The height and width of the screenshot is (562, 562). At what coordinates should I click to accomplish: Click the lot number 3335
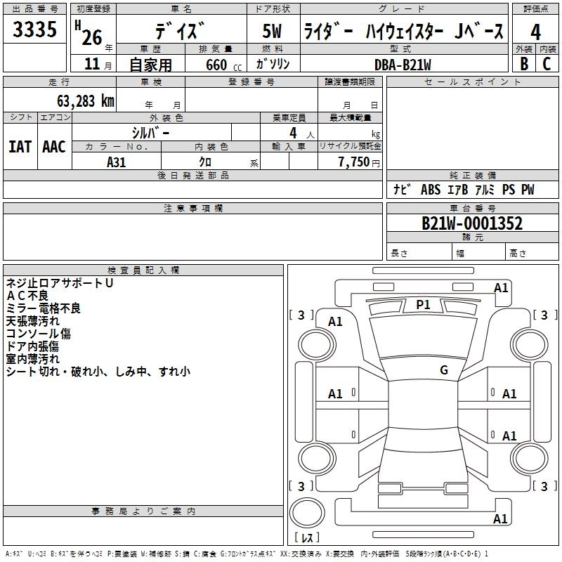[35, 30]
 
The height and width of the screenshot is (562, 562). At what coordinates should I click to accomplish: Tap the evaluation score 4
[535, 32]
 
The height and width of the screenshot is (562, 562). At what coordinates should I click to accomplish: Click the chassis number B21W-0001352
[472, 223]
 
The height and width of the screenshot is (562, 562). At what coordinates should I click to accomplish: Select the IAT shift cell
[20, 147]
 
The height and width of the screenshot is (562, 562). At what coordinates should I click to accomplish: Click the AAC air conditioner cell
[54, 147]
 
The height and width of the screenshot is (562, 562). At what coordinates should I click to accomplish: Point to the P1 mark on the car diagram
[423, 304]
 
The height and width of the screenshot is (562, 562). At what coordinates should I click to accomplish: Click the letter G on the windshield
[444, 370]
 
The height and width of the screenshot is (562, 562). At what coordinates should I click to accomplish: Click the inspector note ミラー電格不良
[44, 308]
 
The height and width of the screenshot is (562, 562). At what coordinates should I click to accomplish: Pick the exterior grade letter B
[523, 64]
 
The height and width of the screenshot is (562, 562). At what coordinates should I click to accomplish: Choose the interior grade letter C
[547, 64]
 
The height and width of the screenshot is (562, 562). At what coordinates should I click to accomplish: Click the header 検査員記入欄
[143, 270]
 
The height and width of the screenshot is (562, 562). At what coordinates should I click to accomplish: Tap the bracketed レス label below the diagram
[307, 538]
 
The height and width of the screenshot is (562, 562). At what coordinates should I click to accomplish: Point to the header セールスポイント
[473, 82]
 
